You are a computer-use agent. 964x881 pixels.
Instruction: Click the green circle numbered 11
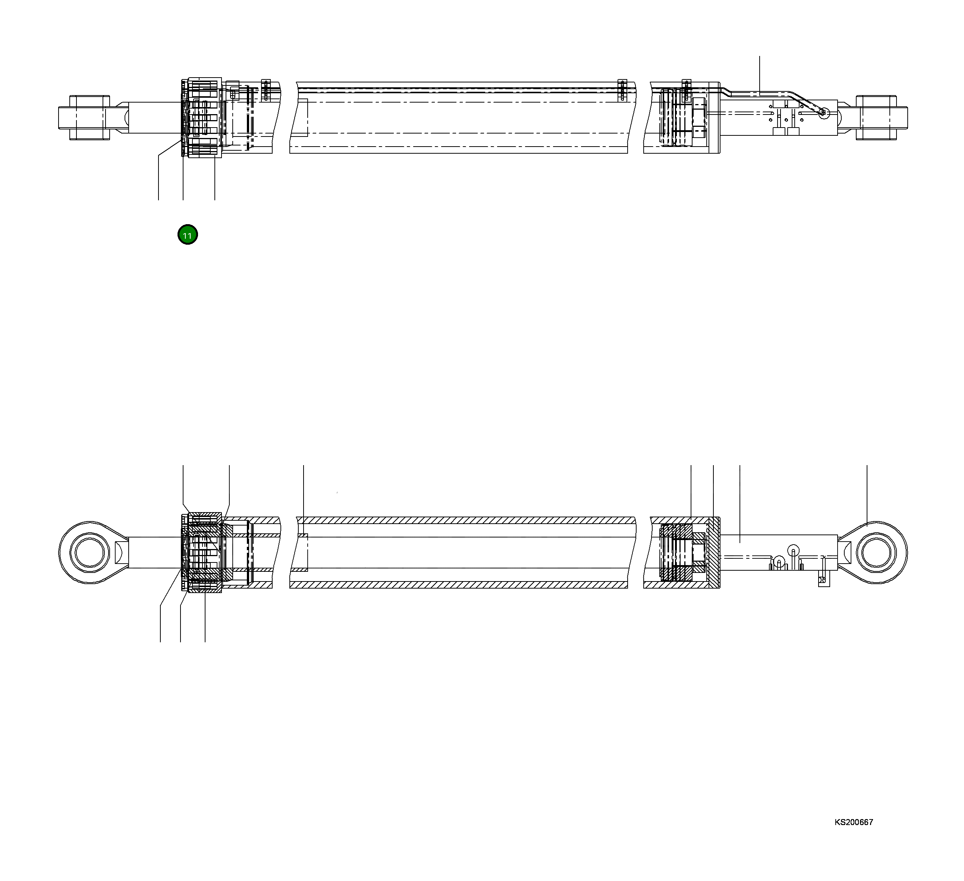pos(188,235)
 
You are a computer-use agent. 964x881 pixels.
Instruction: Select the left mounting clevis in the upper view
pos(90,117)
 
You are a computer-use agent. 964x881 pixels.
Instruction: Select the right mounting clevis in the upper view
pos(876,117)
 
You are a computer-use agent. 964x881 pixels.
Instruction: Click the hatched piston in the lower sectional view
pos(676,553)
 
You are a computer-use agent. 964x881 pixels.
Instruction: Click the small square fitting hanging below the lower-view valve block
pos(824,580)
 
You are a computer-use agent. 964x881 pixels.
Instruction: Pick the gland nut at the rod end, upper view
pos(205,117)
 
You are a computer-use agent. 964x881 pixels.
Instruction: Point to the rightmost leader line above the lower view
pos(867,493)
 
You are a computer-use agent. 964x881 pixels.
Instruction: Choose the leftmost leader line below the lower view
pos(160,622)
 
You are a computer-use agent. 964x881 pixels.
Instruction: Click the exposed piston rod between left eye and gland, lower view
pos(153,553)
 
